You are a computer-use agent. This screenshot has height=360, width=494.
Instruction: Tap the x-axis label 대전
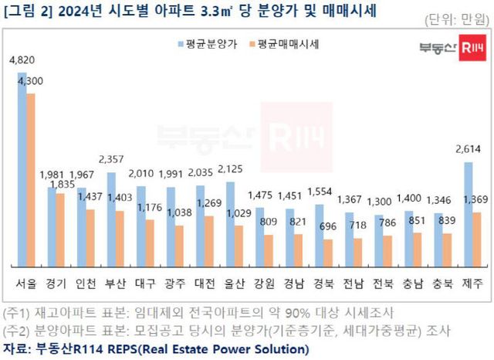coord(205,283)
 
